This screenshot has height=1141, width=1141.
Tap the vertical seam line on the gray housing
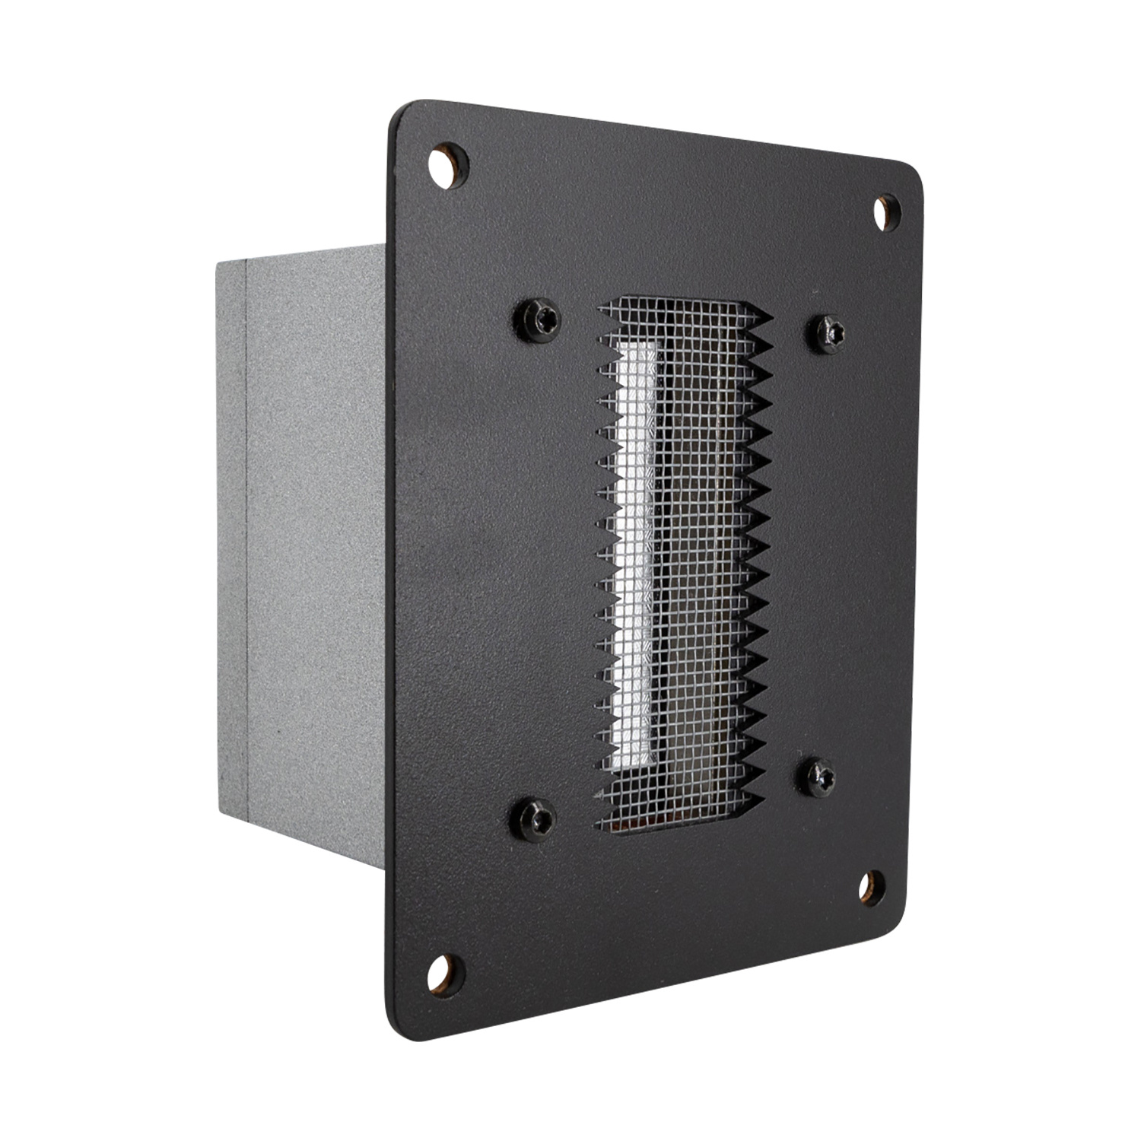click(248, 532)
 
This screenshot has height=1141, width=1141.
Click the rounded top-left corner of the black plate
click(403, 114)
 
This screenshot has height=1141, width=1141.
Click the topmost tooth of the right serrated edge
click(764, 313)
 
